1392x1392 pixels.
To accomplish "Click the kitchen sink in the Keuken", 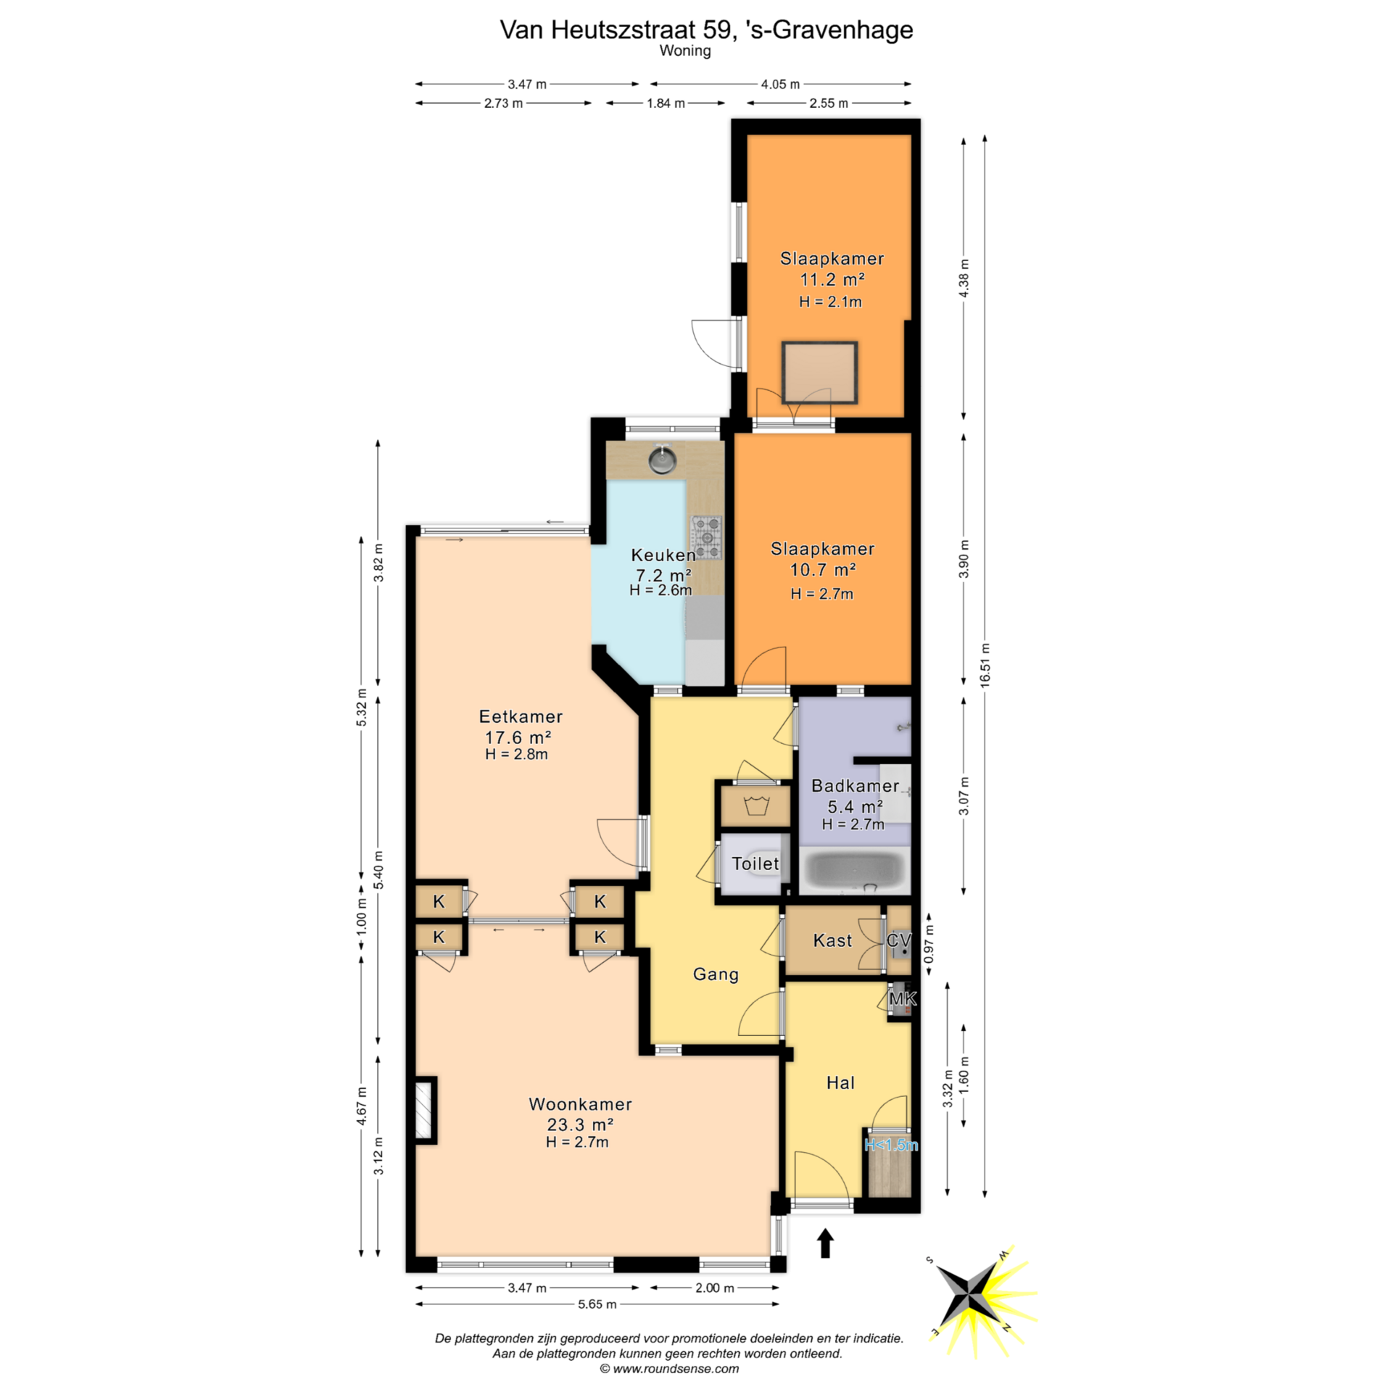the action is pyautogui.click(x=662, y=458).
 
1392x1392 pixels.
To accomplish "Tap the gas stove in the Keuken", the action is pyautogui.click(x=707, y=537).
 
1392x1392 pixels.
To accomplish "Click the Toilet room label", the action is pyautogui.click(x=755, y=863).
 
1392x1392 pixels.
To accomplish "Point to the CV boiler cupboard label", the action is pyautogui.click(x=898, y=940).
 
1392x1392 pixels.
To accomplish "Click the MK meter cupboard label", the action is pyautogui.click(x=903, y=999).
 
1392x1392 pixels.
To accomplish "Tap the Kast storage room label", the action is pyautogui.click(x=832, y=940).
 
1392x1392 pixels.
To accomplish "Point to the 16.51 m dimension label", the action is pyautogui.click(x=985, y=666).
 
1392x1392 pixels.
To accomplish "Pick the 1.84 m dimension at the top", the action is pyautogui.click(x=666, y=103).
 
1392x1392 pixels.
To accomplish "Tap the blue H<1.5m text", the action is pyautogui.click(x=891, y=1145).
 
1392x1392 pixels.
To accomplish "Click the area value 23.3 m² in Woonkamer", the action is pyautogui.click(x=580, y=1124).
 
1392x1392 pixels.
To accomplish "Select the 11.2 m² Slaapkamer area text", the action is pyautogui.click(x=832, y=279).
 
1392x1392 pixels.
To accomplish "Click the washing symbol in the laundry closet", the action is pyautogui.click(x=755, y=805).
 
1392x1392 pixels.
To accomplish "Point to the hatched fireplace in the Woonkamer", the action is pyautogui.click(x=423, y=1109).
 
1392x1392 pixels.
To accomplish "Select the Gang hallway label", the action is pyautogui.click(x=716, y=974).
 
